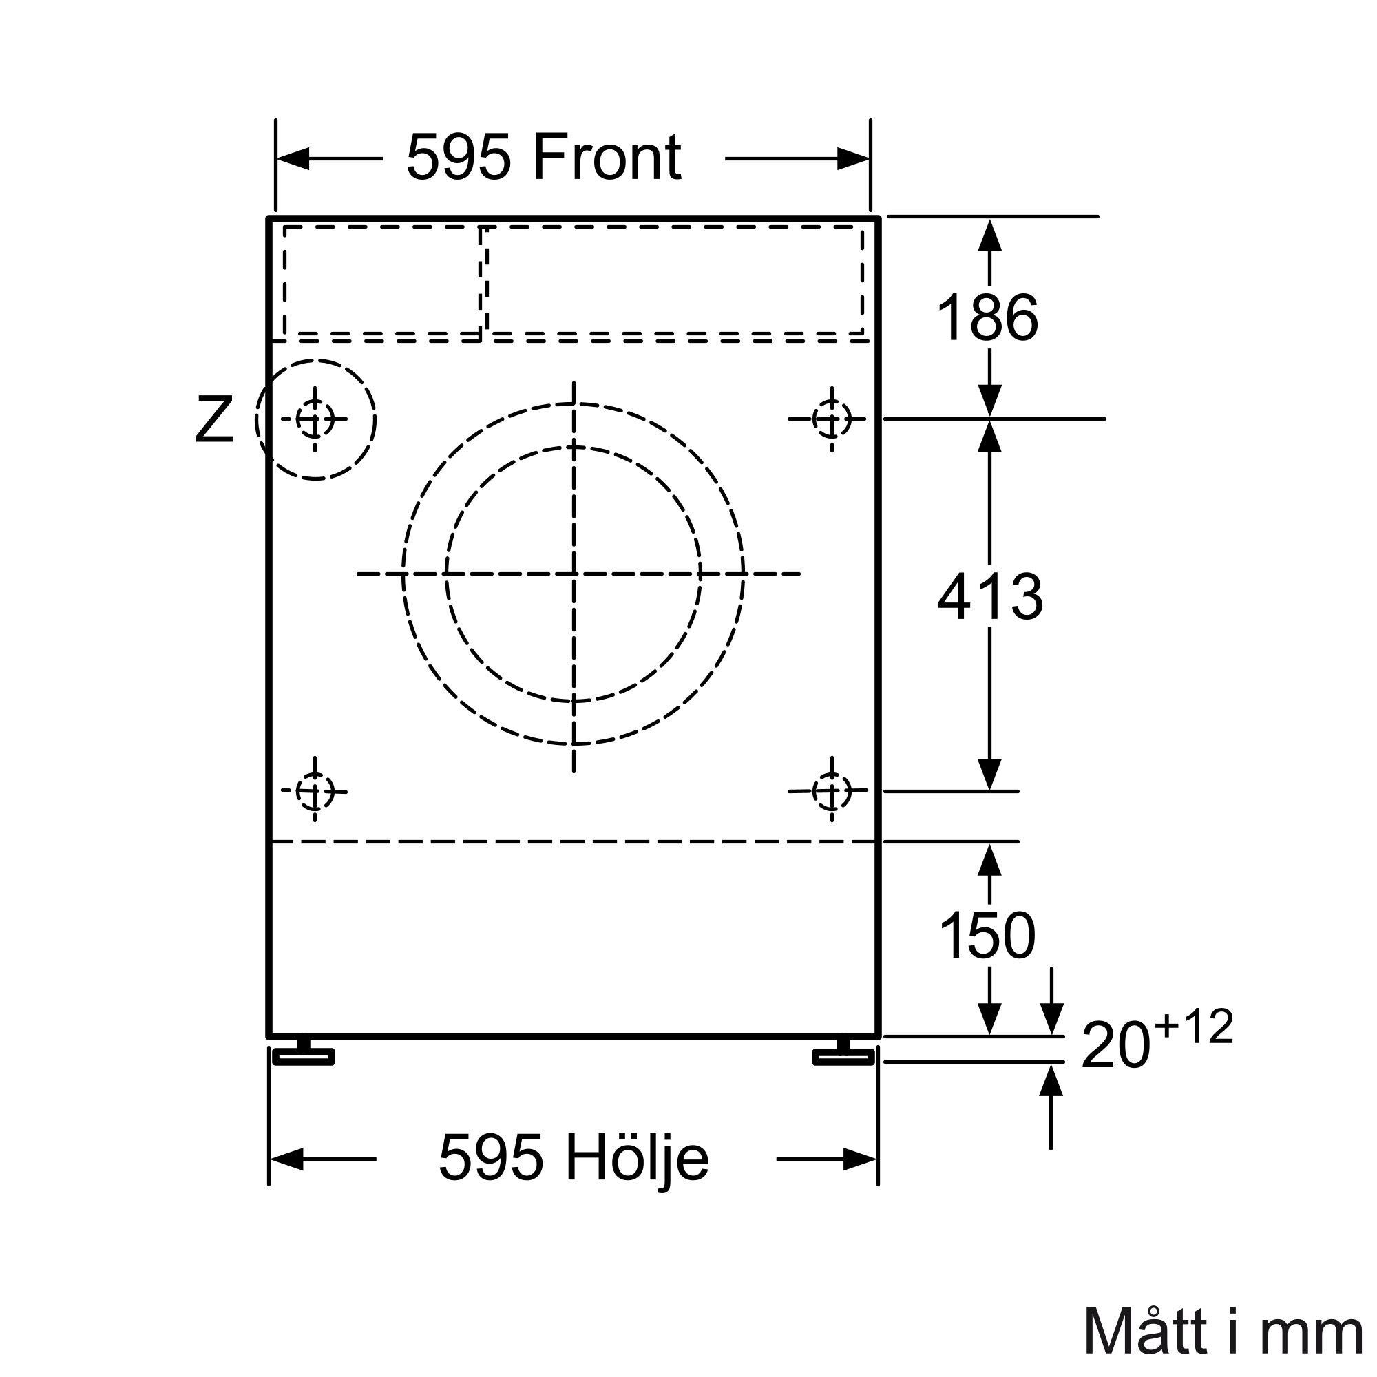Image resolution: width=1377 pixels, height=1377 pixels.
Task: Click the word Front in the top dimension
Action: (607, 158)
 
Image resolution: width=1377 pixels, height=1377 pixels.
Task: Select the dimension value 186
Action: (988, 318)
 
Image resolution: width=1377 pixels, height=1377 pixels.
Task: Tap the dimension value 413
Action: (990, 596)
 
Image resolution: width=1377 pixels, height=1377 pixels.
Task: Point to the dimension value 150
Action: (987, 935)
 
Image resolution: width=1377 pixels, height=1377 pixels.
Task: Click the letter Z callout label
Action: (214, 420)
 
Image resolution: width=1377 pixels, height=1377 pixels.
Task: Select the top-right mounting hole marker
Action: (832, 419)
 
